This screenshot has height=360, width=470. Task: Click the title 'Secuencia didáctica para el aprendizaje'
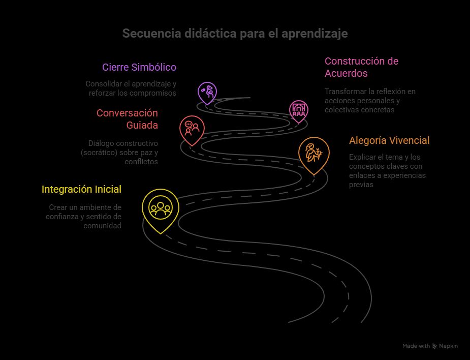[x=235, y=34]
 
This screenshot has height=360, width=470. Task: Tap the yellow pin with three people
[x=160, y=208]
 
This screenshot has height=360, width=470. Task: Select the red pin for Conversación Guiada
[x=192, y=128]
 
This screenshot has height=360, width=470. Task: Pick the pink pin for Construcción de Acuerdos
[x=299, y=110]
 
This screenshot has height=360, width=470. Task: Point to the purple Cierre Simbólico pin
[x=207, y=92]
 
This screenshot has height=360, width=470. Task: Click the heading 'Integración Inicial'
[x=81, y=190]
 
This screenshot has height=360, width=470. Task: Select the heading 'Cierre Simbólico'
[x=139, y=67]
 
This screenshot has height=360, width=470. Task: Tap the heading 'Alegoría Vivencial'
[x=389, y=140]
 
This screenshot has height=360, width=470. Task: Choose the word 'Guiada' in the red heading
[x=142, y=125]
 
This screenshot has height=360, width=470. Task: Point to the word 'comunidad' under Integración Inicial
[x=103, y=226]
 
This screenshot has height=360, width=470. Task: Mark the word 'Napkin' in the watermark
[x=449, y=346]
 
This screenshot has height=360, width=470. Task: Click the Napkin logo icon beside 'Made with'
[x=434, y=346]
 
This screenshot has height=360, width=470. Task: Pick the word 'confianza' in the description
[x=62, y=217]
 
